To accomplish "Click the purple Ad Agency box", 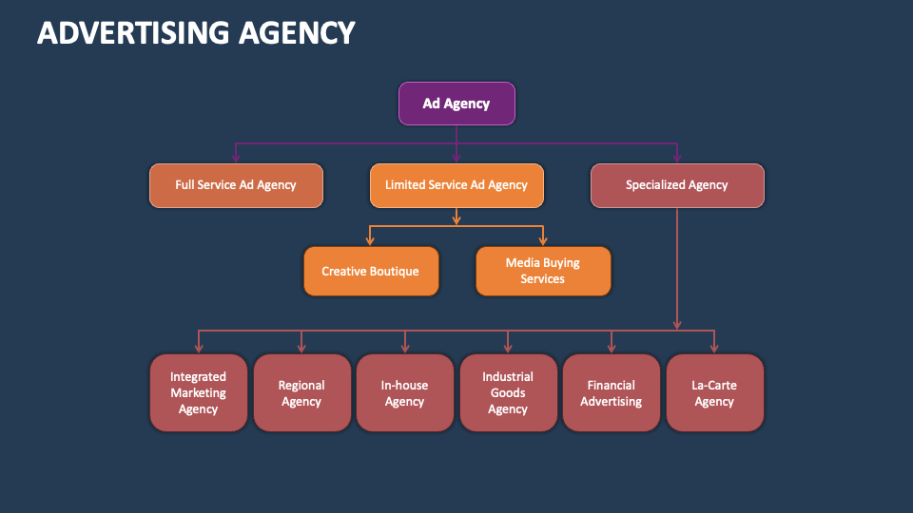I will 456,104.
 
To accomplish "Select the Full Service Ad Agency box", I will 236,185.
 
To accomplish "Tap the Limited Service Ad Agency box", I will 456,185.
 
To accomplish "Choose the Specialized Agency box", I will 677,185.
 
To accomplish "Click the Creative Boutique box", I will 370,271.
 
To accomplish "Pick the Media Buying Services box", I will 543,271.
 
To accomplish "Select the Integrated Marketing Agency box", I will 199,392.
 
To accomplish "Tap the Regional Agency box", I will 301,392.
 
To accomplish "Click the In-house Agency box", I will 405,392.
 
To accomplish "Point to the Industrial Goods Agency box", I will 508,392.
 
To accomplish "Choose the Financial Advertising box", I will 612,392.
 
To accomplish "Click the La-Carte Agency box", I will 714,392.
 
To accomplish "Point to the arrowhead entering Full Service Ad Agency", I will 236,159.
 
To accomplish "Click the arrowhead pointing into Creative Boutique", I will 370,241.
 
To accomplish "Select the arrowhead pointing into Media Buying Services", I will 543,241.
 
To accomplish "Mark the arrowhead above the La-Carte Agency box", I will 714,348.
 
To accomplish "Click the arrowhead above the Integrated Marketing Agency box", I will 199,348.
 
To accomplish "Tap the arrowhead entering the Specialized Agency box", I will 677,159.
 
